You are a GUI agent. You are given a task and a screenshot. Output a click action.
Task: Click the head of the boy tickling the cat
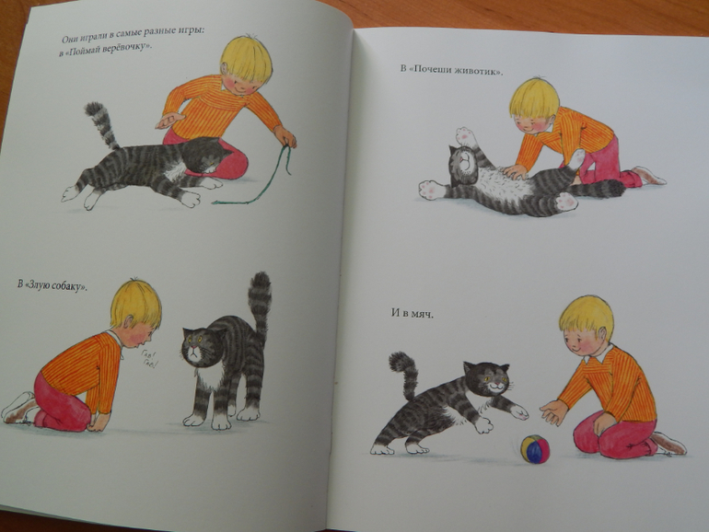533,100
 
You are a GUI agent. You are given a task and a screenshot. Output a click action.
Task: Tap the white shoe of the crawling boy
17,407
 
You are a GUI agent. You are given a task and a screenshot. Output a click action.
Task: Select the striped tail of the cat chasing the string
102,123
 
